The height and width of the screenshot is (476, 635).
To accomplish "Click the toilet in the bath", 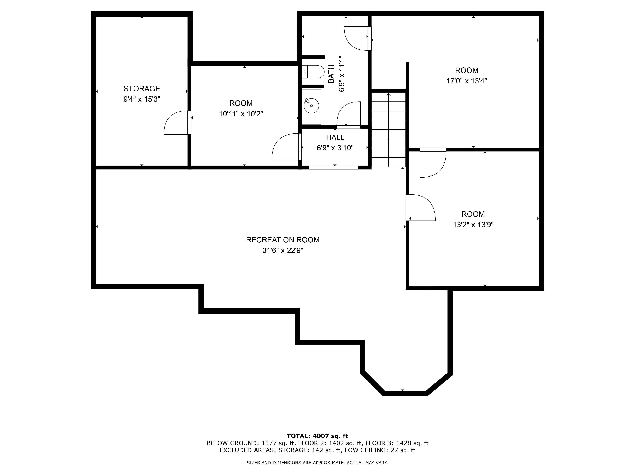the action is [x=313, y=72].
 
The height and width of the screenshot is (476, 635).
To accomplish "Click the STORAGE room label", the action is [x=142, y=89].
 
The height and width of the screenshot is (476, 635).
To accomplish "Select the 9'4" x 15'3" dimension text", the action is [x=142, y=99].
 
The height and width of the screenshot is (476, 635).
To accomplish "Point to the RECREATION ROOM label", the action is [x=283, y=240].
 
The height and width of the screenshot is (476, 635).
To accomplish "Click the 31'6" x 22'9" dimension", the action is [x=283, y=251].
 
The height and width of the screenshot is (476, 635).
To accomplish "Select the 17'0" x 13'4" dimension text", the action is [x=467, y=81].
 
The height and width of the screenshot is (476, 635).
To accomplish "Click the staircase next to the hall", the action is [x=389, y=129].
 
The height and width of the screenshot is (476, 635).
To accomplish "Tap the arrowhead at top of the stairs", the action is [x=389, y=94].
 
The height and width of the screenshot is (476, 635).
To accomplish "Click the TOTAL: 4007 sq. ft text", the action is [x=317, y=436].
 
